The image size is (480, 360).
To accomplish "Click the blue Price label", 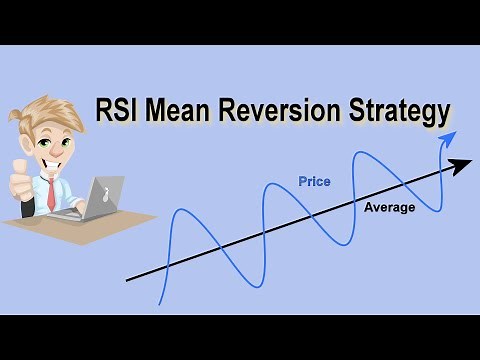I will click(x=314, y=181).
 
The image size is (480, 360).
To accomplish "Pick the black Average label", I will click(x=389, y=207).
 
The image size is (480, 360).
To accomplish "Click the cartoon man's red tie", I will click(x=51, y=192).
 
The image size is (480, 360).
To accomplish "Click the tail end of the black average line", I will click(x=128, y=280).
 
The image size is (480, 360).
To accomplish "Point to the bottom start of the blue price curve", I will click(x=161, y=302).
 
